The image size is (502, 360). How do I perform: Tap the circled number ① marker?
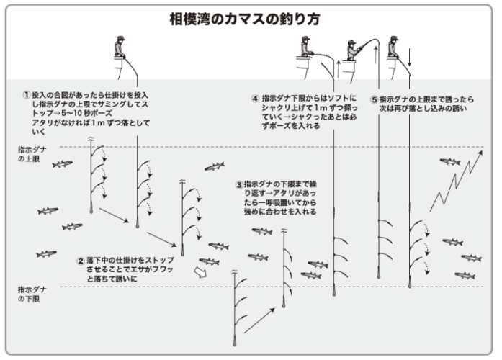pyautogui.click(x=27, y=94)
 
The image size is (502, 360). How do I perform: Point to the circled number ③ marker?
pyautogui.click(x=238, y=184)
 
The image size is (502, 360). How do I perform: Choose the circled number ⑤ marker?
pyautogui.click(x=373, y=99)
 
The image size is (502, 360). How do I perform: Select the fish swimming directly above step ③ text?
pyautogui.click(x=214, y=167)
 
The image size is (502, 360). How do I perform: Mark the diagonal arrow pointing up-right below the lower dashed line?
pyautogui.click(x=259, y=318)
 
